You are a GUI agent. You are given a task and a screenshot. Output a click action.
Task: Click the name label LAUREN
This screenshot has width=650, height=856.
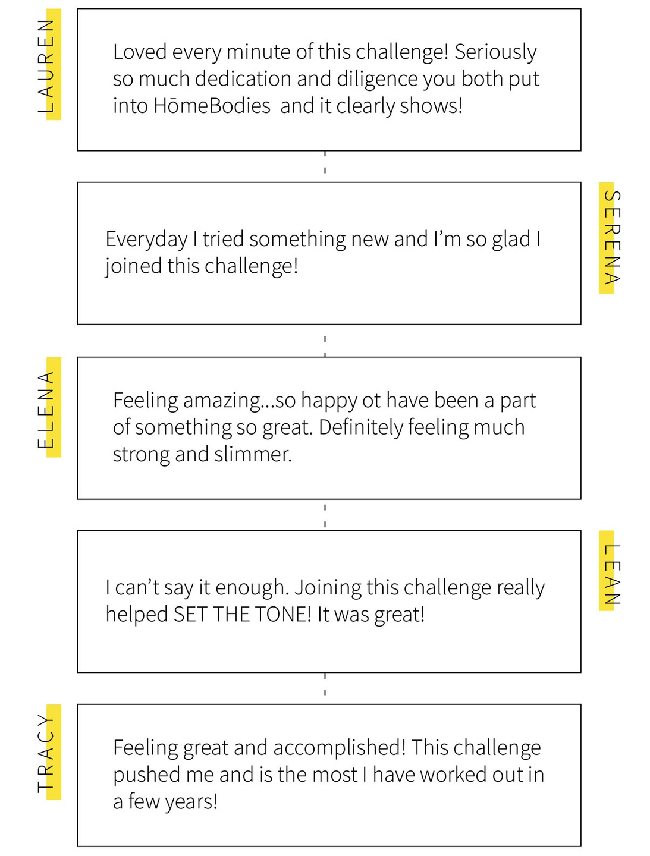click(47, 65)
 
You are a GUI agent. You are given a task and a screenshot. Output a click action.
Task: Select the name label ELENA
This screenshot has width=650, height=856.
click(47, 409)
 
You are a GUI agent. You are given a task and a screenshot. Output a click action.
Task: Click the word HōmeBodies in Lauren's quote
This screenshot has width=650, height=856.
click(212, 106)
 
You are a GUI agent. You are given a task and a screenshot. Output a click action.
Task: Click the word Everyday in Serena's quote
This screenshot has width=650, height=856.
click(146, 240)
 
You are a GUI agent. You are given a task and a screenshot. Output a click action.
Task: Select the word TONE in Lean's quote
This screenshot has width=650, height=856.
click(282, 615)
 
